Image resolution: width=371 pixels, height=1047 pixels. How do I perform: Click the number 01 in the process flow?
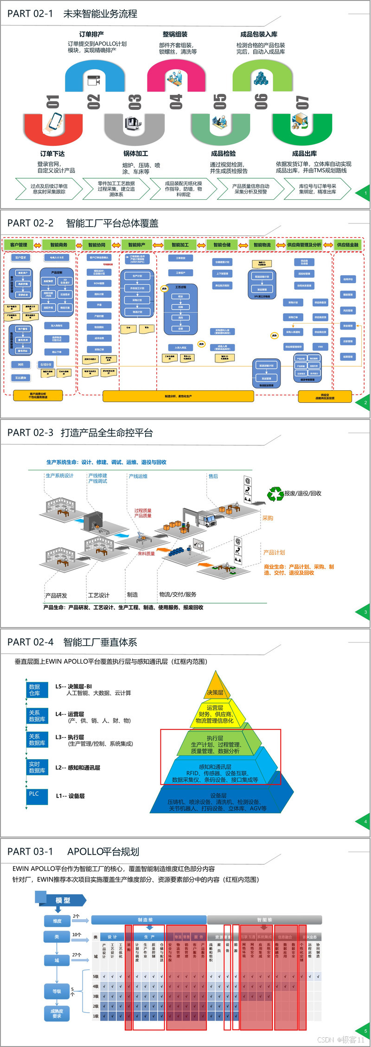(x=52, y=102)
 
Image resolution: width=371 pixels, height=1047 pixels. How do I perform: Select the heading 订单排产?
(x=91, y=34)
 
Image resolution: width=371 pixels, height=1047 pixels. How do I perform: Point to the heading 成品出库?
(x=304, y=154)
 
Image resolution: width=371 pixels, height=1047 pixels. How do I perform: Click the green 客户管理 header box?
(x=19, y=245)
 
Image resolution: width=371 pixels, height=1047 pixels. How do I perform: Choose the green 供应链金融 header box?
(x=348, y=245)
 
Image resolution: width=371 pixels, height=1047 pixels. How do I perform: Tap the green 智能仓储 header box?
(x=222, y=245)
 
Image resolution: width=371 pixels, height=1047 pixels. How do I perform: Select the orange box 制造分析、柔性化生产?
(x=178, y=396)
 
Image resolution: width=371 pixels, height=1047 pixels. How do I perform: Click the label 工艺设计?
(x=99, y=595)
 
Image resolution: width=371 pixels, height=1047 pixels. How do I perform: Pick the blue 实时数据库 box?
(x=37, y=768)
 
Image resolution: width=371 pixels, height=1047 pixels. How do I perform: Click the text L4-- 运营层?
(x=70, y=714)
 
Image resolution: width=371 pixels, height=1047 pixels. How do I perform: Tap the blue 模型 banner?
(x=63, y=901)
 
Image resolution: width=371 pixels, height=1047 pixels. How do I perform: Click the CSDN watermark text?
(x=341, y=1040)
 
